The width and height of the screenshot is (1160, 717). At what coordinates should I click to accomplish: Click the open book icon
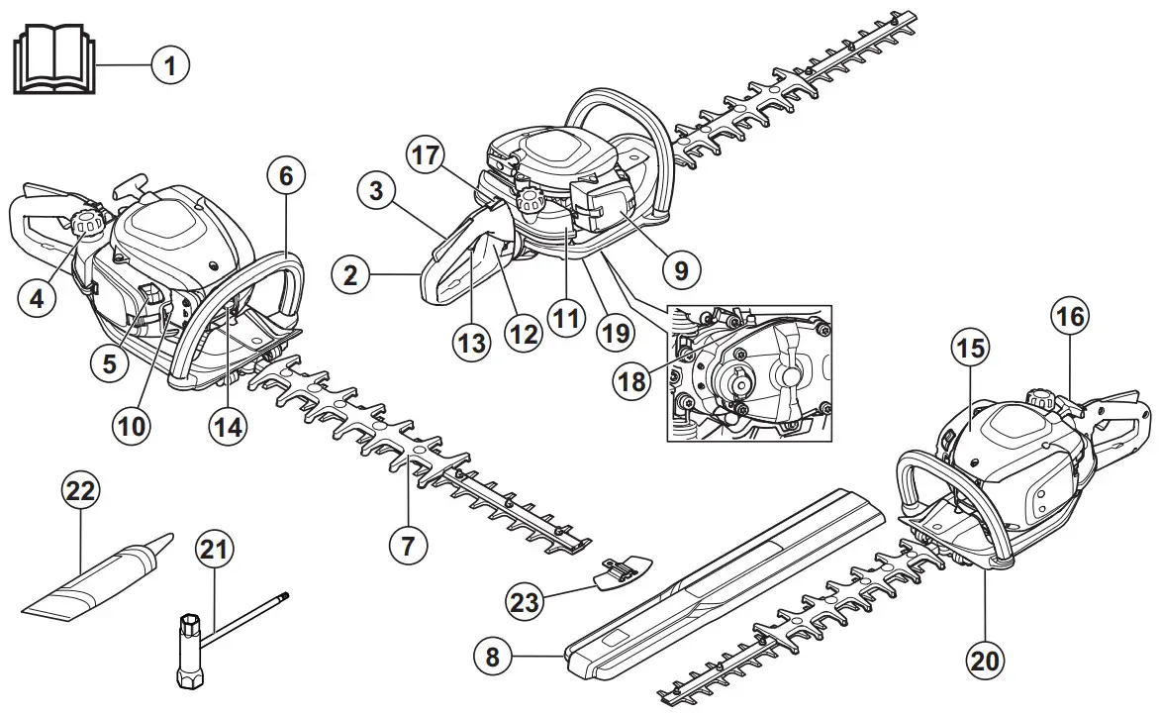click(x=55, y=62)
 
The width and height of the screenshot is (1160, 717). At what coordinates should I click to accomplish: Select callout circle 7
click(x=409, y=543)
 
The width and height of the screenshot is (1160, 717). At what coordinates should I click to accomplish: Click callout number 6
click(x=286, y=177)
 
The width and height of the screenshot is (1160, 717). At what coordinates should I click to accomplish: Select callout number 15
click(x=971, y=348)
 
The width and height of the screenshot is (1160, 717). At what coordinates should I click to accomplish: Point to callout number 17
click(x=427, y=155)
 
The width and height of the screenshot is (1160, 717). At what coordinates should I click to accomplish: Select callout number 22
click(x=82, y=489)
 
